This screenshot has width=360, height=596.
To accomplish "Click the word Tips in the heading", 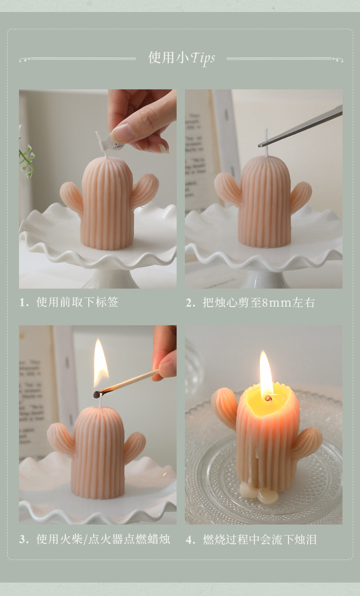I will click(203, 59).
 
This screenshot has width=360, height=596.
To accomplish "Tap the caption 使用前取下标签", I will click(77, 302).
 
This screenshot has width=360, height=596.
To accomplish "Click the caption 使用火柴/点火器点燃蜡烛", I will click(103, 539).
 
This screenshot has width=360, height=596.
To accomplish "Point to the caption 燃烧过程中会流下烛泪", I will click(260, 539).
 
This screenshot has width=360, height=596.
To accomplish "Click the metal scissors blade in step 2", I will click(302, 128).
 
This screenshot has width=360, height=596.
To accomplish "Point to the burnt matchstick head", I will click(97, 394).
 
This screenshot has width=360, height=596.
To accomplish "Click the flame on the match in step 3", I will click(100, 362).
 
